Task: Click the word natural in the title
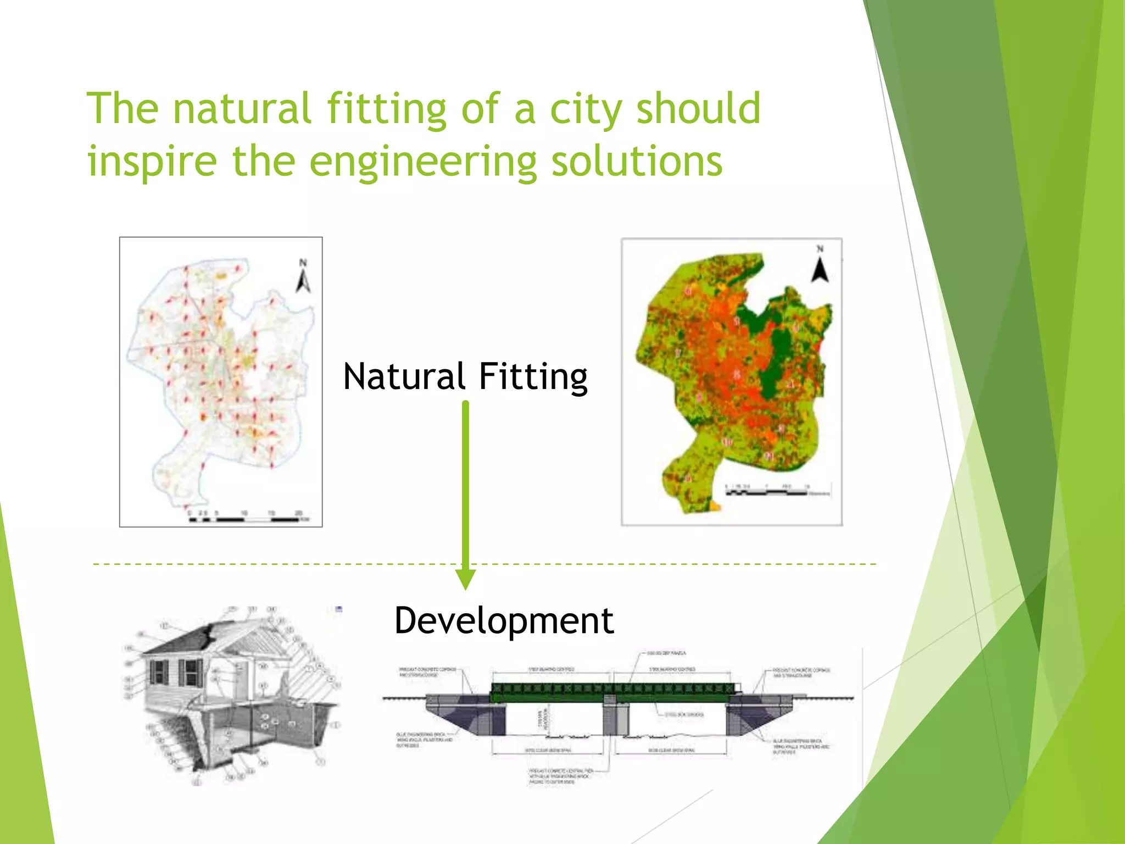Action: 242,109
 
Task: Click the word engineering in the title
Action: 423,162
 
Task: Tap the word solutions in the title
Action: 637,162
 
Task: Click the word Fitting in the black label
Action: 533,377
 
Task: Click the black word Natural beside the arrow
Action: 404,377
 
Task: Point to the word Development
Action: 504,621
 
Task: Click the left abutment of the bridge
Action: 467,714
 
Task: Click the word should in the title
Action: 698,109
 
